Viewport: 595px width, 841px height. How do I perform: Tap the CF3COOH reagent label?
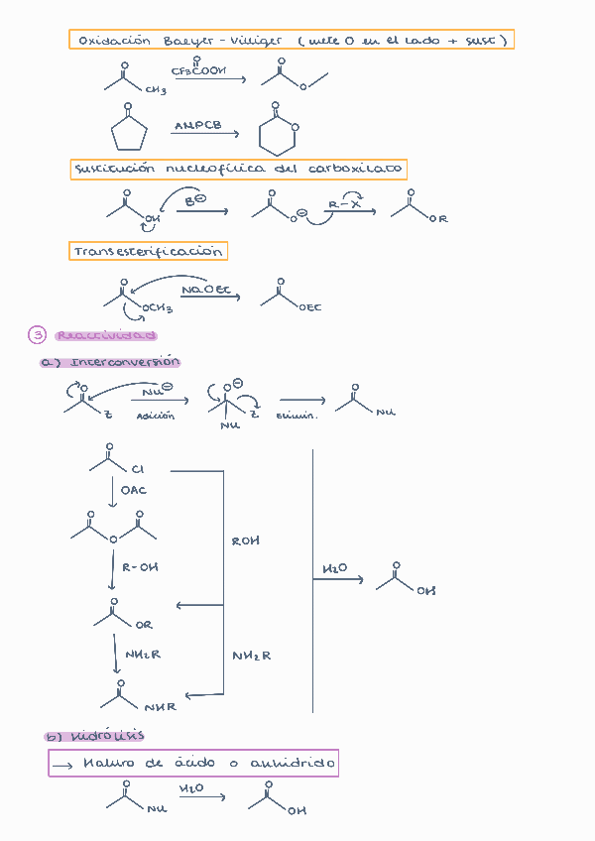pyautogui.click(x=198, y=71)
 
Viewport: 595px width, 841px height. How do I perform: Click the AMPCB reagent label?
pyautogui.click(x=197, y=126)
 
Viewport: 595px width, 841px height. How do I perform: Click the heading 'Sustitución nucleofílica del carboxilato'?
pyautogui.click(x=238, y=170)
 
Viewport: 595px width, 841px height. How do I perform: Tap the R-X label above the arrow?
pyautogui.click(x=344, y=204)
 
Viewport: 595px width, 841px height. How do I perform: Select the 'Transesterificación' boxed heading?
pyautogui.click(x=148, y=251)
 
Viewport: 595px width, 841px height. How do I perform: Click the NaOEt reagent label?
pyautogui.click(x=205, y=290)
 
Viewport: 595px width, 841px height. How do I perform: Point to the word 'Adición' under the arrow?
pyautogui.click(x=156, y=416)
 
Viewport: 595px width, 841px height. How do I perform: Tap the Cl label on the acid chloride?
pyautogui.click(x=137, y=469)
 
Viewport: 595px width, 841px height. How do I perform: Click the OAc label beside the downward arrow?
pyautogui.click(x=134, y=491)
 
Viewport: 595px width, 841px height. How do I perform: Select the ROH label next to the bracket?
pyautogui.click(x=245, y=541)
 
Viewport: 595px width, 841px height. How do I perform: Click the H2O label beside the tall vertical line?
pyautogui.click(x=335, y=569)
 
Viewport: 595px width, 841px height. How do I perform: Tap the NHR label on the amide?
pyautogui.click(x=159, y=707)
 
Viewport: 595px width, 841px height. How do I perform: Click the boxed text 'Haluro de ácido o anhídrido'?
pyautogui.click(x=193, y=764)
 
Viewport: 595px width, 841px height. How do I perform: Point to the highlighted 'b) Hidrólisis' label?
pyautogui.click(x=94, y=736)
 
